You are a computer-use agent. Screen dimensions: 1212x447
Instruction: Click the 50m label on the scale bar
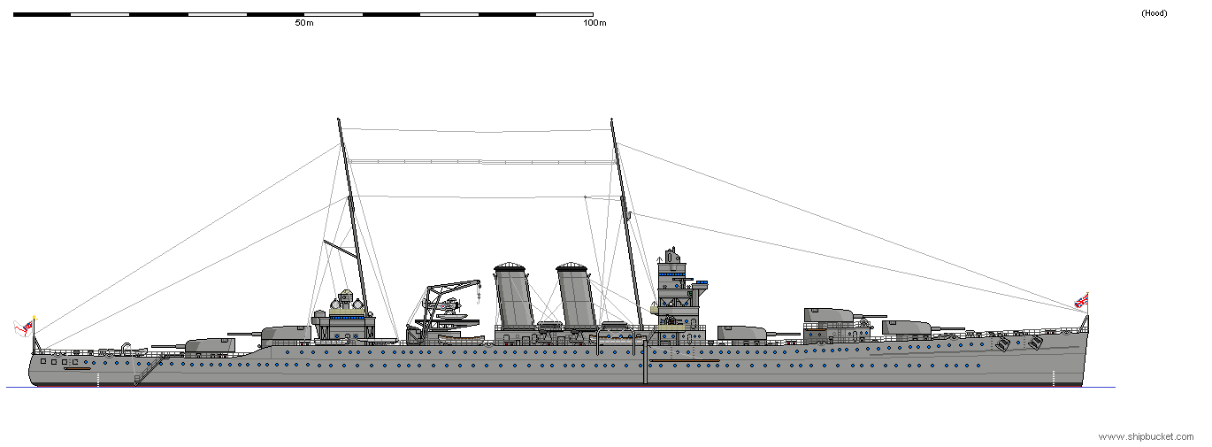[303, 23]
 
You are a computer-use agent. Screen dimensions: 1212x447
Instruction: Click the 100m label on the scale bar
[594, 23]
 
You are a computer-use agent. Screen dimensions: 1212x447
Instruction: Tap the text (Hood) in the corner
[1154, 13]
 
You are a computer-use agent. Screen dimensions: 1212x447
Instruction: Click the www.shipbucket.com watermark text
[1146, 436]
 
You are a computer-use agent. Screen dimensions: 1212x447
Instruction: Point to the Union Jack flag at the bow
[1081, 301]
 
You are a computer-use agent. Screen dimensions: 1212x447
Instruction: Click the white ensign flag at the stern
[25, 328]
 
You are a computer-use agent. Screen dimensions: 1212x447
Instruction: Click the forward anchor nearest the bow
[1036, 342]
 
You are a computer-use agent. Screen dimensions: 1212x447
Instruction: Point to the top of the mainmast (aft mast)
[339, 120]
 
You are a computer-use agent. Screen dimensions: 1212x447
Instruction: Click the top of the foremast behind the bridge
[611, 120]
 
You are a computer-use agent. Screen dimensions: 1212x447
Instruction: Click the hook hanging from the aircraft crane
[478, 285]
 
